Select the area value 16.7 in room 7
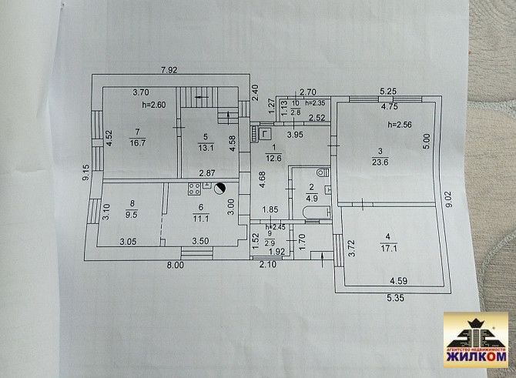click(x=139, y=142)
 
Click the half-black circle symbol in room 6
click(x=222, y=187)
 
